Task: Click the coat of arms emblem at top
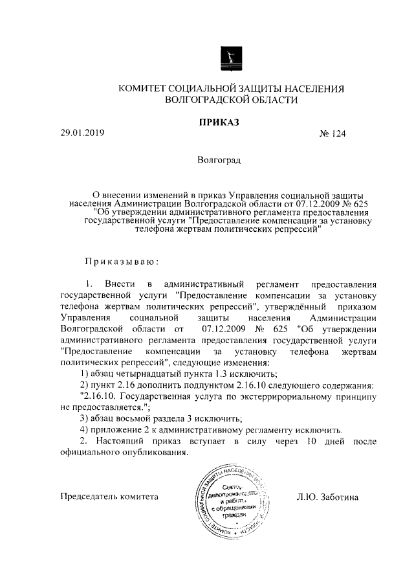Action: (x=232, y=57)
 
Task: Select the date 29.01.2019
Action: (x=82, y=133)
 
